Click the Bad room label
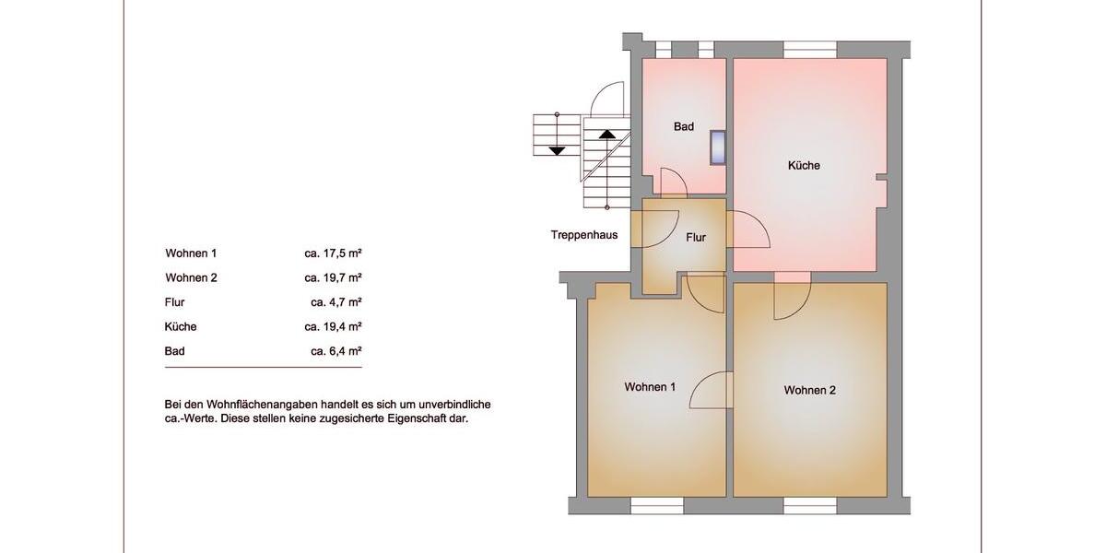click(x=683, y=126)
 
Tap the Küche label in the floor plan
click(x=804, y=166)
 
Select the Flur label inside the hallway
click(x=696, y=238)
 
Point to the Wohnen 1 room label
click(x=650, y=387)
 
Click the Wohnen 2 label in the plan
click(x=810, y=391)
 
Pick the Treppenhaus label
click(x=584, y=235)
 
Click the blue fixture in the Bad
click(x=718, y=147)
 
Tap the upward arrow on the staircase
click(x=606, y=133)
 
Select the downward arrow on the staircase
click(x=557, y=148)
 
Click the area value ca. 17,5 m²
click(x=333, y=253)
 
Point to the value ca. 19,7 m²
click(x=333, y=277)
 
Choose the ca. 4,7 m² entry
click(x=335, y=301)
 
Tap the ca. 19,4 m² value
click(x=333, y=326)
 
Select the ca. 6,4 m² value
click(x=335, y=351)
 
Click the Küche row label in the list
click(x=181, y=326)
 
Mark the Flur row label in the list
click(x=175, y=301)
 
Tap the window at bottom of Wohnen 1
click(x=657, y=505)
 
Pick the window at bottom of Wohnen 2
click(x=810, y=505)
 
